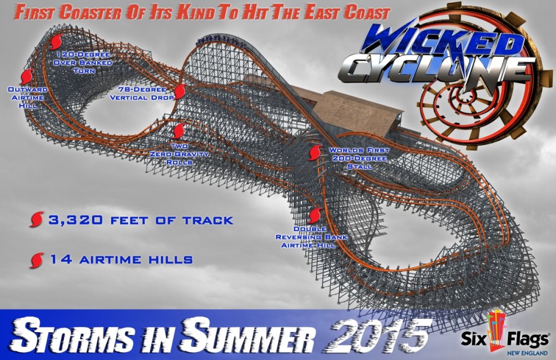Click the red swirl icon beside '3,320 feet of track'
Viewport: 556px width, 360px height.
pyautogui.click(x=36, y=220)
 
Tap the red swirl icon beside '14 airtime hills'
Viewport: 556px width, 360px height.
pyautogui.click(x=37, y=259)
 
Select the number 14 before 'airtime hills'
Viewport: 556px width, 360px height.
pyautogui.click(x=59, y=259)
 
